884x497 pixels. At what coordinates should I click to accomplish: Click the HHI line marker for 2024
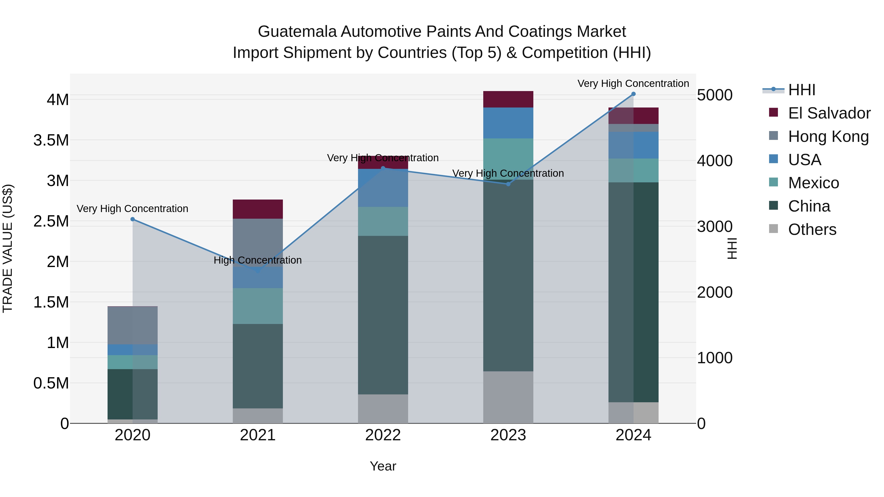point(633,94)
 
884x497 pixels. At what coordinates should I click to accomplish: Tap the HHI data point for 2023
point(508,184)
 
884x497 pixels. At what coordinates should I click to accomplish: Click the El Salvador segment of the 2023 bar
point(508,99)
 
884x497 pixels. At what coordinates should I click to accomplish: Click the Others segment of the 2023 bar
point(508,397)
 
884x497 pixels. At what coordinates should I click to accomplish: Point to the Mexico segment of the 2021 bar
point(258,306)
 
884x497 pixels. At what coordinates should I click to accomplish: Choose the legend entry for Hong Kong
point(828,136)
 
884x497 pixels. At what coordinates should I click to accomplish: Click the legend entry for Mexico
point(813,183)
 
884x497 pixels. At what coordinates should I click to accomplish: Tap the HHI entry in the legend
point(801,90)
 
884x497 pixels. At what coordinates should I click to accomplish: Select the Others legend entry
point(812,229)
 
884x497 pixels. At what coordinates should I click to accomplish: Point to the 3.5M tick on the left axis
point(51,140)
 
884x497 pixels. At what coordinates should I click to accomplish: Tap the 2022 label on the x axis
point(383,435)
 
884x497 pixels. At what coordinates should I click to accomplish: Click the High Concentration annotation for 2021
point(258,260)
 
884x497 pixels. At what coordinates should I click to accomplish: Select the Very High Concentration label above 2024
point(633,83)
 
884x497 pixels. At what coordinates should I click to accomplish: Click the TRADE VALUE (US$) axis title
point(8,248)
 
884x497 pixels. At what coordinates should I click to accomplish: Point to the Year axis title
point(383,466)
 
